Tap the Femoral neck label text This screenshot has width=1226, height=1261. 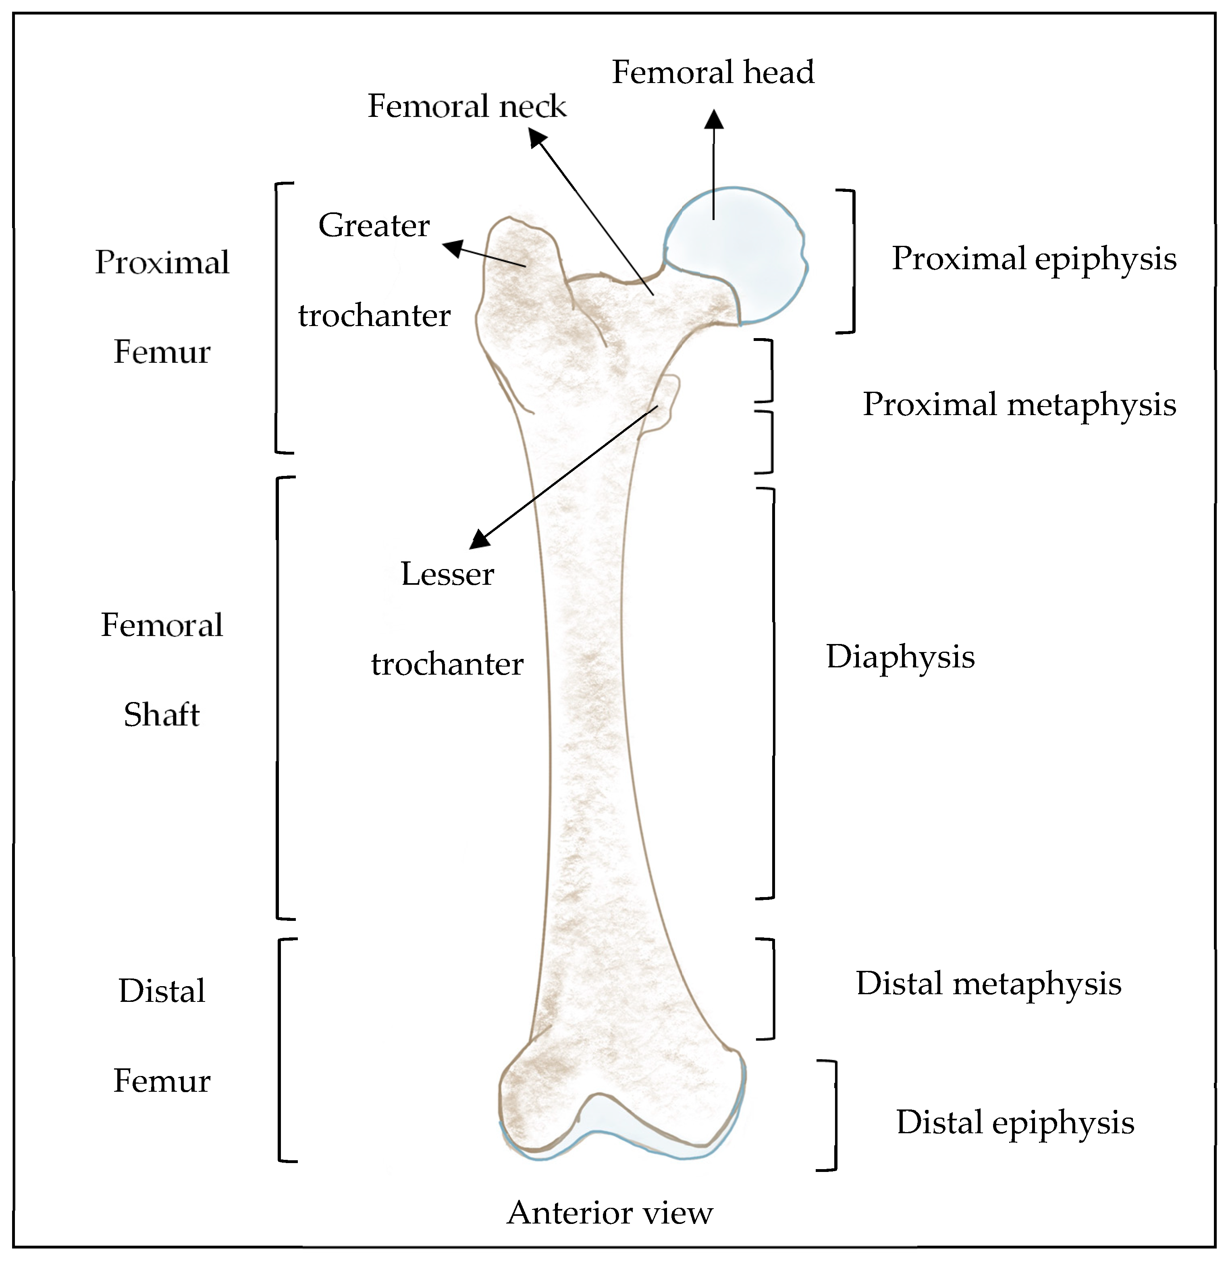467,106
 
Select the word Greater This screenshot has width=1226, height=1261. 374,225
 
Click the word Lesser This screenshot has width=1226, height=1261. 447,574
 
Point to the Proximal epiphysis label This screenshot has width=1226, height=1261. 1033,259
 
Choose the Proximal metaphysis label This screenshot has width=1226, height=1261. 1019,405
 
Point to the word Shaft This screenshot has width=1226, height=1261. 162,715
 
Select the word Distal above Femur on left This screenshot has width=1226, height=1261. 162,991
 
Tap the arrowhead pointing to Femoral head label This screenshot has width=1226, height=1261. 713,119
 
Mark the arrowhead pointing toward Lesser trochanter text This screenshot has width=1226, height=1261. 478,540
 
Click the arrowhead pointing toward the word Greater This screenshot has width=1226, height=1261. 452,247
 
